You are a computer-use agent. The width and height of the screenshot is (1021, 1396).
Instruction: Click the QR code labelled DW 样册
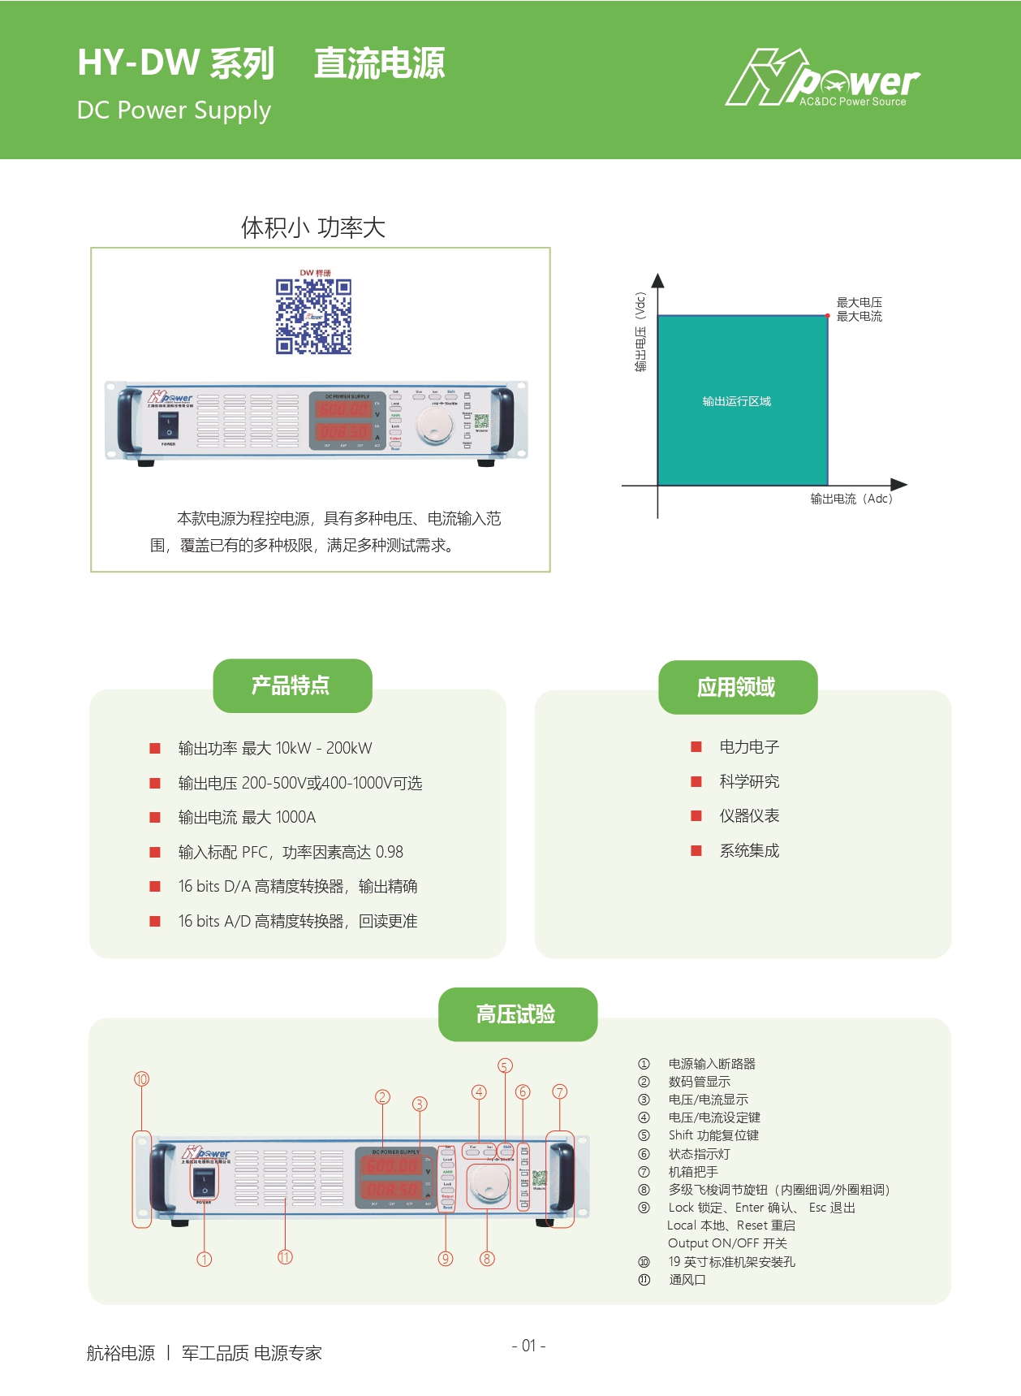click(x=313, y=317)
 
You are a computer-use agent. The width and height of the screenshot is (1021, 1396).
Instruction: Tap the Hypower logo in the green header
click(x=821, y=79)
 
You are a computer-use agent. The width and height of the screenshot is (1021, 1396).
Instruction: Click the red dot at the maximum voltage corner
click(x=828, y=316)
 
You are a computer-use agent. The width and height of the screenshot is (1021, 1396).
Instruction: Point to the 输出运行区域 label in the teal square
click(x=736, y=401)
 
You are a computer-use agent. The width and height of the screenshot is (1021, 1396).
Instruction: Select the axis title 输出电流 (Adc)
click(x=851, y=499)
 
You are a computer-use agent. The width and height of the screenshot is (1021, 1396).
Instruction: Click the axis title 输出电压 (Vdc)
click(x=640, y=332)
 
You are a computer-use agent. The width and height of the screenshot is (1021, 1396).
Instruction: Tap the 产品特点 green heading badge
click(x=291, y=685)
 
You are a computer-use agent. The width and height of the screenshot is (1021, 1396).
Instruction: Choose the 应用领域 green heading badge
click(x=737, y=687)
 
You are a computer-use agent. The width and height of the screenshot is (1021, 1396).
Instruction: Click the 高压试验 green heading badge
click(x=517, y=1014)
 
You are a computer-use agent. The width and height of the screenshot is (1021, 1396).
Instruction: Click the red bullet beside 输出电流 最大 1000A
click(x=155, y=818)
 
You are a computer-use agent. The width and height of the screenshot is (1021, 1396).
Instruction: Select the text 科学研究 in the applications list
click(x=749, y=781)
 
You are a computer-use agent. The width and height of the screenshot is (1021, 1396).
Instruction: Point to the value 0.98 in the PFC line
click(x=390, y=852)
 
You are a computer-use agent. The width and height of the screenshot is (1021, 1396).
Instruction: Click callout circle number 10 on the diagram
click(x=142, y=1079)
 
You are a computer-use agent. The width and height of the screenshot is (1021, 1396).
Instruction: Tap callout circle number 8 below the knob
click(x=487, y=1259)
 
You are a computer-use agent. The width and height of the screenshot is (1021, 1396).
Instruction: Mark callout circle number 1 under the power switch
click(x=205, y=1260)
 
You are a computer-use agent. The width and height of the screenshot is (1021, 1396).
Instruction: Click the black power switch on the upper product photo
click(x=169, y=425)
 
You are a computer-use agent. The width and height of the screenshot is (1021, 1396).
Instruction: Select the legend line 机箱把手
click(x=693, y=1172)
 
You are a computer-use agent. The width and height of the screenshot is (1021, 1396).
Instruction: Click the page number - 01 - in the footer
click(x=528, y=1346)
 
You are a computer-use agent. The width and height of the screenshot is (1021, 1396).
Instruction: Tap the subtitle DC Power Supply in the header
click(x=174, y=110)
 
